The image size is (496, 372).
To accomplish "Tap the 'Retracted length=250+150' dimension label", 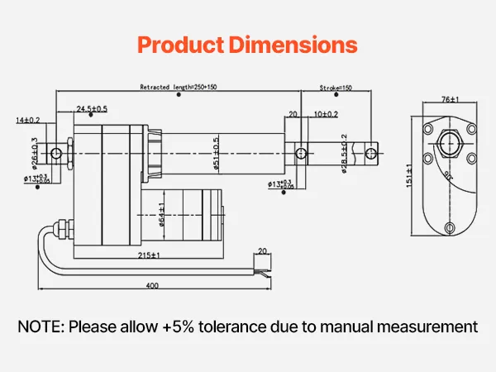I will coord(179,87).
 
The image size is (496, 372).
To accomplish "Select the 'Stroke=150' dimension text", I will coord(336,87).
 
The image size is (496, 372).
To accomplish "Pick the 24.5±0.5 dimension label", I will coord(92,109).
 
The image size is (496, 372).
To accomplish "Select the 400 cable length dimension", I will coord(153,285).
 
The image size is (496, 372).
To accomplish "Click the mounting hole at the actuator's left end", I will coord(56,154).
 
